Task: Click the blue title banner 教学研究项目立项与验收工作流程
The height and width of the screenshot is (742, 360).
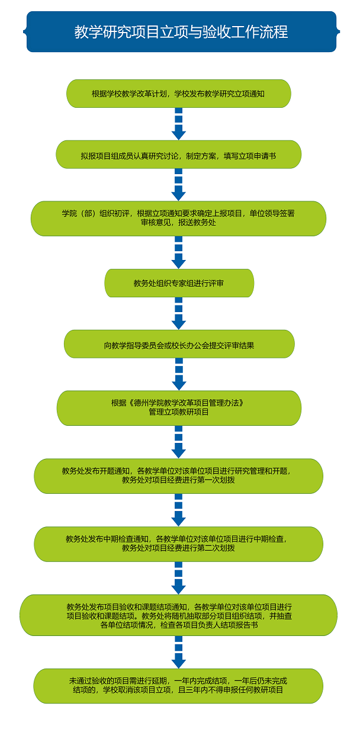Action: (181, 31)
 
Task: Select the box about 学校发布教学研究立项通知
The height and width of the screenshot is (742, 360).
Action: (178, 94)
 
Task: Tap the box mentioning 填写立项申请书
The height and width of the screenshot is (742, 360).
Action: (178, 155)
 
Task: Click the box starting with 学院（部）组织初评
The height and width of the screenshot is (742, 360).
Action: (178, 219)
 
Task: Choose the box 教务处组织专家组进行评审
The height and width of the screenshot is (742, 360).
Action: (179, 283)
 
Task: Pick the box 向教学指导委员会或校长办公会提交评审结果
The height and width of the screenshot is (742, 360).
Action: (179, 344)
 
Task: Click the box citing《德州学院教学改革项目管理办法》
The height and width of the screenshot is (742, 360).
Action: (179, 407)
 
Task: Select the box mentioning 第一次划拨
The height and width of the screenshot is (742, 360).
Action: (178, 476)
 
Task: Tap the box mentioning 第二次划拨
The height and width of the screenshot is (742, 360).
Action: (178, 544)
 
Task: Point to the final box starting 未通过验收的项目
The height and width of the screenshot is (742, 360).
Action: (178, 686)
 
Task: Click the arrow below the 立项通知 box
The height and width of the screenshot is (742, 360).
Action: (178, 124)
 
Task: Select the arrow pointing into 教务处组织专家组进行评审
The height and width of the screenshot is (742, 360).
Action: (178, 253)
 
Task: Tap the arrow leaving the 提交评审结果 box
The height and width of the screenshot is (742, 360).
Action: (178, 374)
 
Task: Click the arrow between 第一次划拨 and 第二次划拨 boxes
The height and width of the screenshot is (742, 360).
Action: (178, 510)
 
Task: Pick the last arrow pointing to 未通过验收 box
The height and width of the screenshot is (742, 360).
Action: (178, 652)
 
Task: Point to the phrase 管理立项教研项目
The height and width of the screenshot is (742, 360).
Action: (179, 412)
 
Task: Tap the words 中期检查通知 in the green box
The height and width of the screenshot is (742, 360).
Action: (128, 539)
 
